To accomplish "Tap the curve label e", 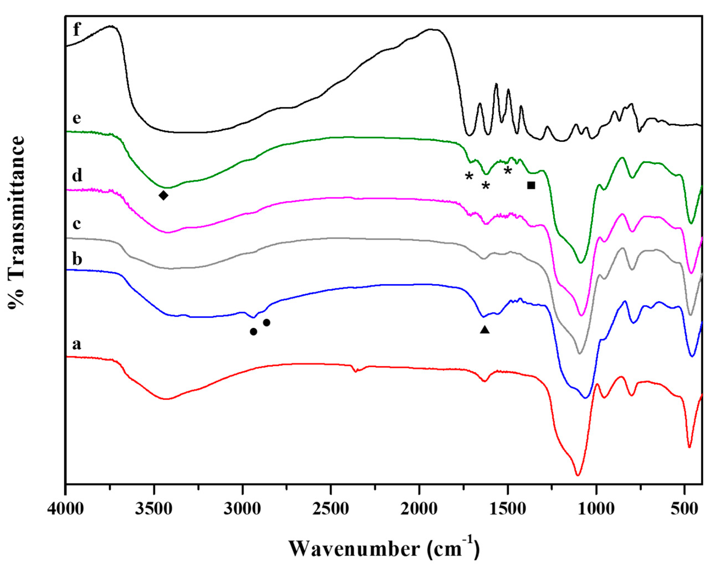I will click(77, 118).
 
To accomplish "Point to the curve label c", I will click(76, 224).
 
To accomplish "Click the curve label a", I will click(76, 344).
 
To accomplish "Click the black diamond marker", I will click(163, 195).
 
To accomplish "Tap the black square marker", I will click(531, 185).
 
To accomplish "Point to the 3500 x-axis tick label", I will click(154, 509).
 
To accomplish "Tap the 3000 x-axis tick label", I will click(242, 509).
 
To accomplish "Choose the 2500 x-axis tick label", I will click(331, 509).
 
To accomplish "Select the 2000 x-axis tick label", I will click(419, 509).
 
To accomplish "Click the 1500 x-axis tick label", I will click(507, 509).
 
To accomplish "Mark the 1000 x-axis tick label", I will click(596, 509).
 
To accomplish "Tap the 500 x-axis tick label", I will click(684, 509).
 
